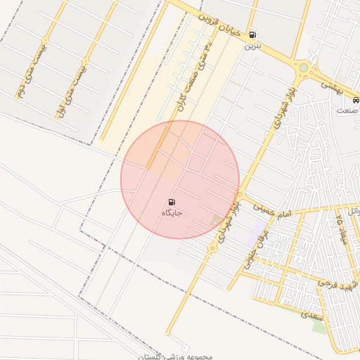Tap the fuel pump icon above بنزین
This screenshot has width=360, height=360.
(x=252, y=34)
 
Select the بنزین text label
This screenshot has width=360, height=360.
(x=252, y=46)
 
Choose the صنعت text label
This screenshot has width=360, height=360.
(x=347, y=110)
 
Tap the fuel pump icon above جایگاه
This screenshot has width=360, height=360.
(x=172, y=202)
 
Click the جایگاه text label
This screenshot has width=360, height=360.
(x=172, y=212)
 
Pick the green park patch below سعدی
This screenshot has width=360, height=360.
(x=321, y=327)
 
